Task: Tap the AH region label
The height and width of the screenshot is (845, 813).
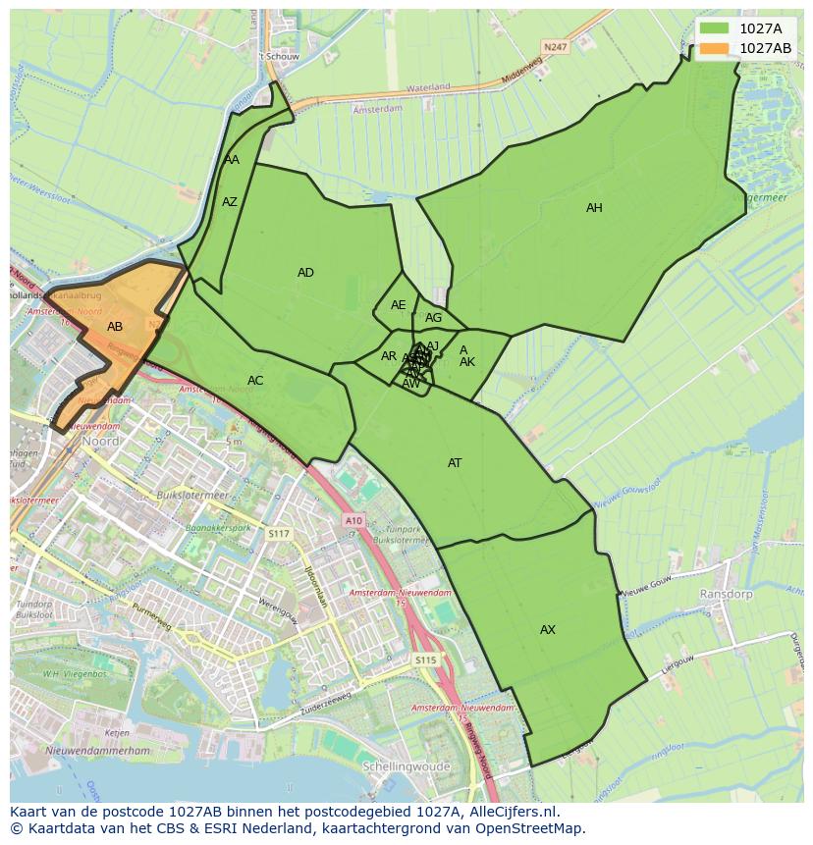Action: [594, 208]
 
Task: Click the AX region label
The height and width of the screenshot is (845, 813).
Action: [548, 630]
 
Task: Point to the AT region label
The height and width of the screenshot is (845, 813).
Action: [455, 463]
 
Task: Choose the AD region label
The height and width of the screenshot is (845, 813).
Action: [305, 273]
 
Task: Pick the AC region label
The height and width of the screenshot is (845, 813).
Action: [255, 381]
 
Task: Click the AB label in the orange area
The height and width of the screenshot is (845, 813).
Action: [115, 327]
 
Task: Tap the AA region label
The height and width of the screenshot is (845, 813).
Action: [232, 160]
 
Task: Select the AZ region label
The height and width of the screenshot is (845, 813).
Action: [230, 202]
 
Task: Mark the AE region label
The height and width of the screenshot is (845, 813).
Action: [398, 305]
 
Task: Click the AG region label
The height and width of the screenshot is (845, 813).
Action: [433, 318]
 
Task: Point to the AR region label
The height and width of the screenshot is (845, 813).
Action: [389, 356]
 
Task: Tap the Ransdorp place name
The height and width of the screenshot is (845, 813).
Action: [725, 595]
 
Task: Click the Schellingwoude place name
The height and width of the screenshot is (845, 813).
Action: [406, 766]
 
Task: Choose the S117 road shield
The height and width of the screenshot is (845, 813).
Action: [279, 534]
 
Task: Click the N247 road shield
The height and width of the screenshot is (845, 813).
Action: [555, 45]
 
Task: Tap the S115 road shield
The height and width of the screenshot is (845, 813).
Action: [424, 660]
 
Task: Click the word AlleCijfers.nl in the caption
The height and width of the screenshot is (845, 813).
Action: [512, 812]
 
